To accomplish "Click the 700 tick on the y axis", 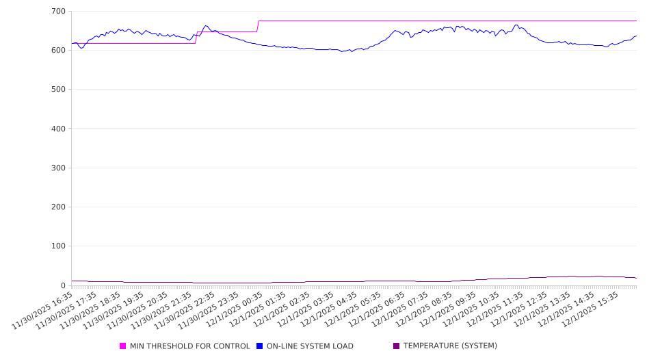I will coord(58,12).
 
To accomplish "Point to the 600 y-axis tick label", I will coord(58,51).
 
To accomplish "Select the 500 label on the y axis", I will coord(58,90).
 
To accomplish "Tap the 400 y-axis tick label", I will coord(58,129).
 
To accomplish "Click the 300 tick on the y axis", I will coord(58,168).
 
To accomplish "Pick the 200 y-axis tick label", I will coord(58,207).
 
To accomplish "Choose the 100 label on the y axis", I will coord(58,246).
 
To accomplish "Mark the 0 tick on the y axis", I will coord(63,285).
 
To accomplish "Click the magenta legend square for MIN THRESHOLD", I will coord(123,346).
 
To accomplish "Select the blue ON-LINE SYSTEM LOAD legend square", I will coord(260,346).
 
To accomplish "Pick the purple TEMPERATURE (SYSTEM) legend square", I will coord(397,346).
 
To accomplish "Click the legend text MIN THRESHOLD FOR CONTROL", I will coord(189,346).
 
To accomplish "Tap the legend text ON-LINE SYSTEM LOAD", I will coord(310,346).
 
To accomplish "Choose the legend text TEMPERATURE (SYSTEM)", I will coord(450,346).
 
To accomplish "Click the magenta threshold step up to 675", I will coord(258,26).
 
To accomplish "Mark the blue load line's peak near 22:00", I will coord(206,26).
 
